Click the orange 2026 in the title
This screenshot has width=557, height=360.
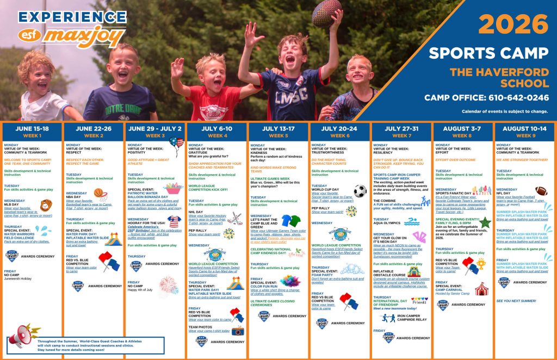(513, 24)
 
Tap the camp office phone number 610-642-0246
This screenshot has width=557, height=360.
(486, 98)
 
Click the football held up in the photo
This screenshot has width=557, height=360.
(326, 12)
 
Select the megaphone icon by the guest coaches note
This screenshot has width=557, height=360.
(22, 337)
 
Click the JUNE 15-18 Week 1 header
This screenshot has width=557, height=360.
(32, 132)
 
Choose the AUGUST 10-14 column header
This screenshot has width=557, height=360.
(524, 132)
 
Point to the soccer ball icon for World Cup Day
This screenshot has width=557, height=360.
(360, 191)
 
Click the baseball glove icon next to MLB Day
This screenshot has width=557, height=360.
(46, 204)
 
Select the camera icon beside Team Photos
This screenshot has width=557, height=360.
(238, 330)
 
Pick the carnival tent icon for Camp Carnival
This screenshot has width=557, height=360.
(481, 288)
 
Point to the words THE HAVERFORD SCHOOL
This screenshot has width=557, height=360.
(499, 77)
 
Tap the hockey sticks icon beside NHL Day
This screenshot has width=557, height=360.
(234, 217)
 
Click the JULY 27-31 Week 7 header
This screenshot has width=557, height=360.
(401, 132)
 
